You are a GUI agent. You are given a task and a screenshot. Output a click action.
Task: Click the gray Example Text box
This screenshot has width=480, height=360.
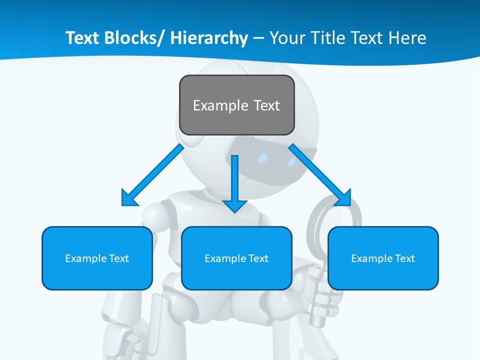(236, 105)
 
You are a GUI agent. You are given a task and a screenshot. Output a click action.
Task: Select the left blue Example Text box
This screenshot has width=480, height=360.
(97, 258)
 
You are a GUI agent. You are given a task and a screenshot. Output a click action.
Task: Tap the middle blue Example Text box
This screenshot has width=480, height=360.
(236, 258)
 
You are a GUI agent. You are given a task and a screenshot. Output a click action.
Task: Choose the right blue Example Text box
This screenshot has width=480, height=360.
(383, 258)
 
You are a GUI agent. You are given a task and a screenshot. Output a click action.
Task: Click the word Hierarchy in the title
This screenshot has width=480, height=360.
(209, 38)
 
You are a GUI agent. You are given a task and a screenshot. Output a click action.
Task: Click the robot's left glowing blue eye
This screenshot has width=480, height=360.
(262, 159)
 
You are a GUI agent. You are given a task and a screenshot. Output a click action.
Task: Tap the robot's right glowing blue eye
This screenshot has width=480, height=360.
(291, 161)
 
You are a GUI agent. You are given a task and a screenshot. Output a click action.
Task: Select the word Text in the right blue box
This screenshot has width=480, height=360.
(404, 258)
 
